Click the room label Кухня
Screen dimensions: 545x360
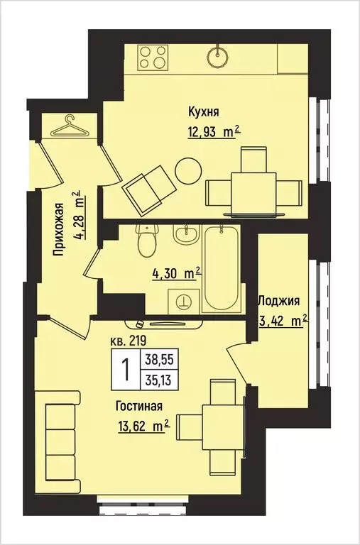(x=203, y=111)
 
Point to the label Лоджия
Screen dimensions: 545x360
(x=282, y=300)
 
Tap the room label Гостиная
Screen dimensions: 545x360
(x=140, y=407)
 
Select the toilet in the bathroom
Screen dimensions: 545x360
(x=147, y=242)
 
